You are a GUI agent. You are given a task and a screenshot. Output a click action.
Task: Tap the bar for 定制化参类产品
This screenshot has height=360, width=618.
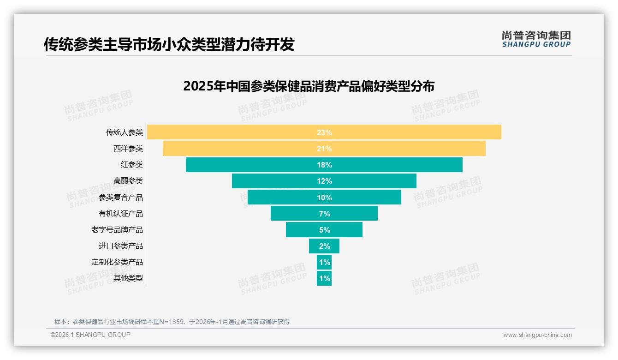[324, 262]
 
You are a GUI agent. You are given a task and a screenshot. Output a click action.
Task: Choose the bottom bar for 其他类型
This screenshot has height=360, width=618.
[324, 278]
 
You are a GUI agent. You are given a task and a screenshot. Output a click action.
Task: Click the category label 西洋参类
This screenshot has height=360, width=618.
[128, 149]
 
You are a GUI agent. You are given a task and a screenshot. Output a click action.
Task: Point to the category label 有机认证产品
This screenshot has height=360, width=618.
[121, 213]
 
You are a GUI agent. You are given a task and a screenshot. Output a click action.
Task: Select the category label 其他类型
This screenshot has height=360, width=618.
[128, 278]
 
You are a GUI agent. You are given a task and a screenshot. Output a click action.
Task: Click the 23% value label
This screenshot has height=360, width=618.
[324, 132]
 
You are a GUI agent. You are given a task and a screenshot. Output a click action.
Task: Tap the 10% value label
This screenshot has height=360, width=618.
[324, 198]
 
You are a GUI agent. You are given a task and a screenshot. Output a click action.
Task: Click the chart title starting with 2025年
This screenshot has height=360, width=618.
[309, 86]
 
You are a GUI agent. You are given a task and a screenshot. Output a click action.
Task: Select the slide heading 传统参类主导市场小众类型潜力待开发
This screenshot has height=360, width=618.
[169, 45]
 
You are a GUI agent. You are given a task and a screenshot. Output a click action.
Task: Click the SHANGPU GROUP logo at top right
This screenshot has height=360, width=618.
[536, 39]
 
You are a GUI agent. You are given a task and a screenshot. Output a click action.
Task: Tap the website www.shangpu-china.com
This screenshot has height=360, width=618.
[537, 335]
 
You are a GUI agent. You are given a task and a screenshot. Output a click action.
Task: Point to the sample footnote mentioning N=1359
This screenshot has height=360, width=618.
[172, 322]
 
